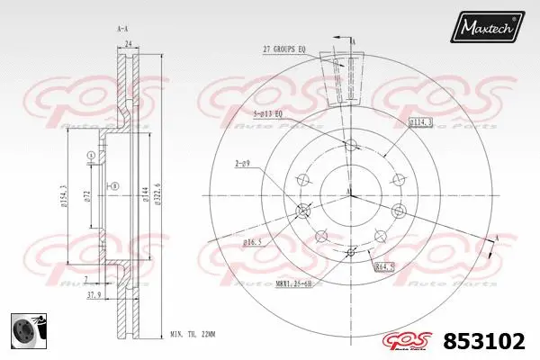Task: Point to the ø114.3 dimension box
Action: click(420, 121)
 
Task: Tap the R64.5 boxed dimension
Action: click(385, 267)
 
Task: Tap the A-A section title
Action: click(122, 28)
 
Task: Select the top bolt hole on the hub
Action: click(349, 146)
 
